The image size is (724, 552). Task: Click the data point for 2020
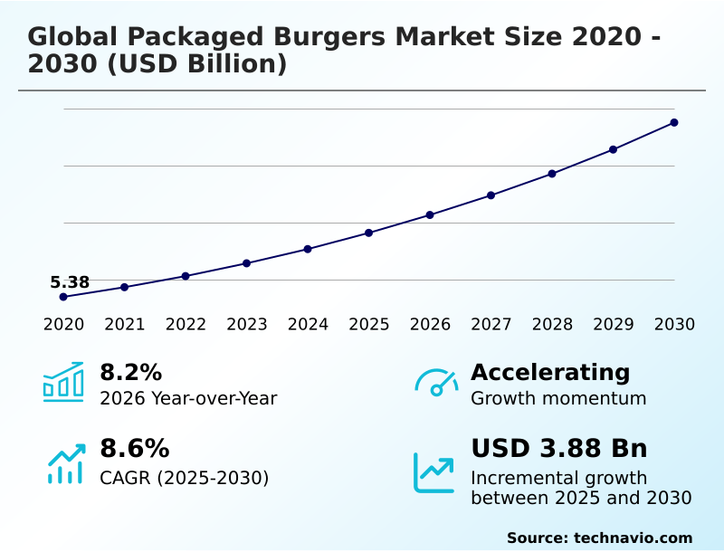point(63,297)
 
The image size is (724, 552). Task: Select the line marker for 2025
point(369,233)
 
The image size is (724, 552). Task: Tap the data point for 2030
point(674,122)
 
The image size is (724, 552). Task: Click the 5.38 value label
point(70,282)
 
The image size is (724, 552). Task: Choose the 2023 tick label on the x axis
point(247,325)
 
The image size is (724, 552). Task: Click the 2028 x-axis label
point(552,325)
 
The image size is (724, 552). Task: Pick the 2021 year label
point(125,325)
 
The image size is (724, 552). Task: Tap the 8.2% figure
point(130,372)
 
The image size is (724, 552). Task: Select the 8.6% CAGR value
point(134,449)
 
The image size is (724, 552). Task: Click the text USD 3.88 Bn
point(558,449)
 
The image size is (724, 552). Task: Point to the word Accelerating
point(550,372)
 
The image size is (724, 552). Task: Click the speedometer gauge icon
point(437,383)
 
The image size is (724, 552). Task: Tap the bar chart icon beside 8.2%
point(63,383)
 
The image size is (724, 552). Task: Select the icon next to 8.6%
point(65,463)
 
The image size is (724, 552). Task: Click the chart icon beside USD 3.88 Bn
point(434,472)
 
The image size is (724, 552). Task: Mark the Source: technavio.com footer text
point(599,538)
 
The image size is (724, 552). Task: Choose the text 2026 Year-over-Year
point(188,398)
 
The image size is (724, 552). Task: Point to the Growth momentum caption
point(558,398)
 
